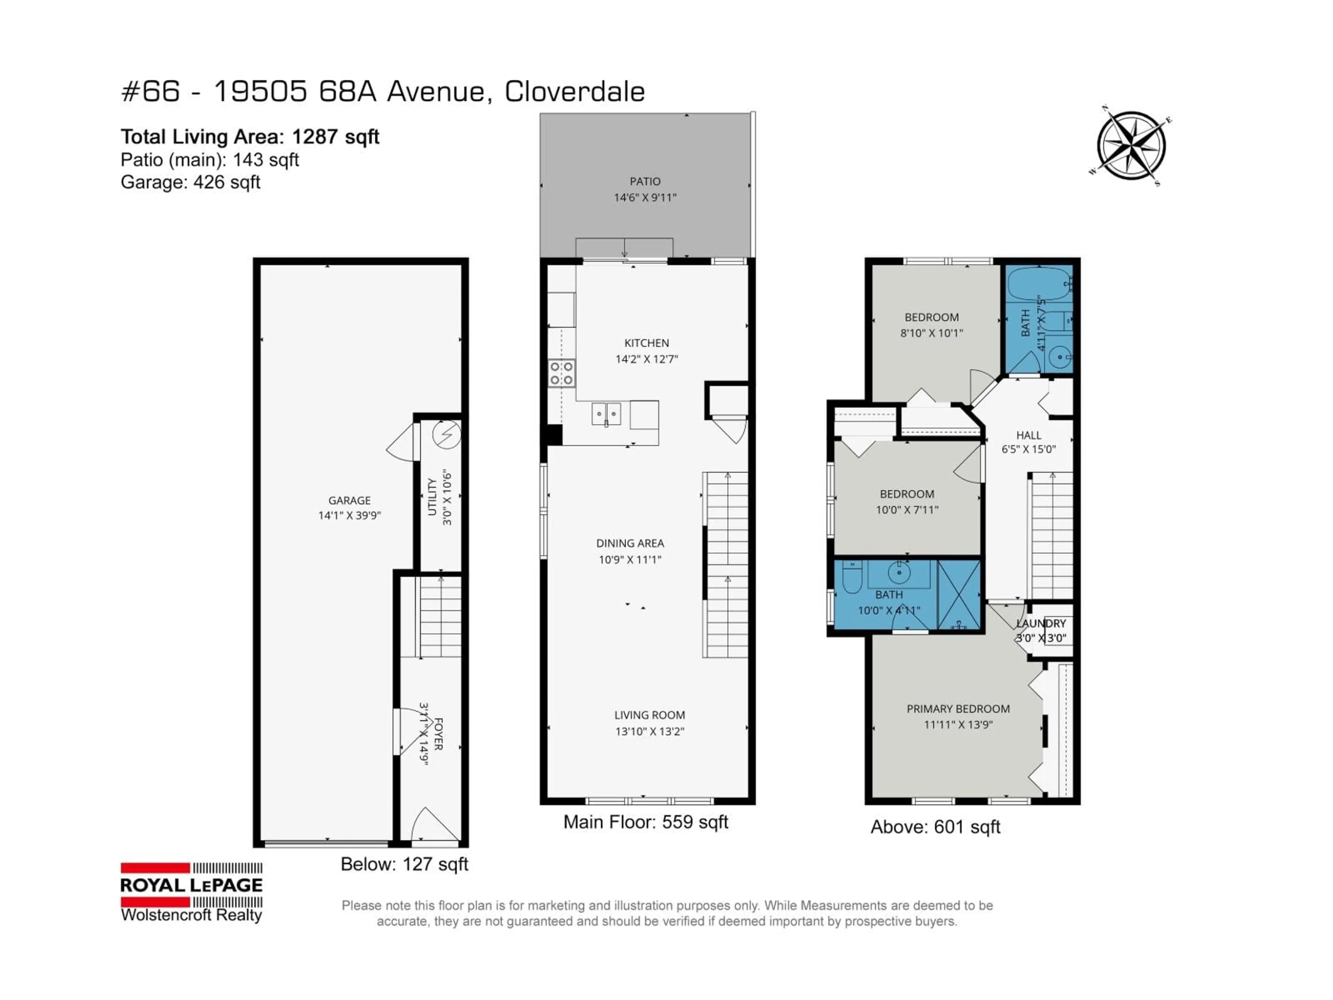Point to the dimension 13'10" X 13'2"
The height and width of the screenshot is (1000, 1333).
coord(649,731)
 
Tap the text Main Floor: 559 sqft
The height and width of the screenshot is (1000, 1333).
coord(645,822)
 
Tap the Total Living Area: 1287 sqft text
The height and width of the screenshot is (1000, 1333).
coord(250,137)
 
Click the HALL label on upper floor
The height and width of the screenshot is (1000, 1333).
coord(1028,435)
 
